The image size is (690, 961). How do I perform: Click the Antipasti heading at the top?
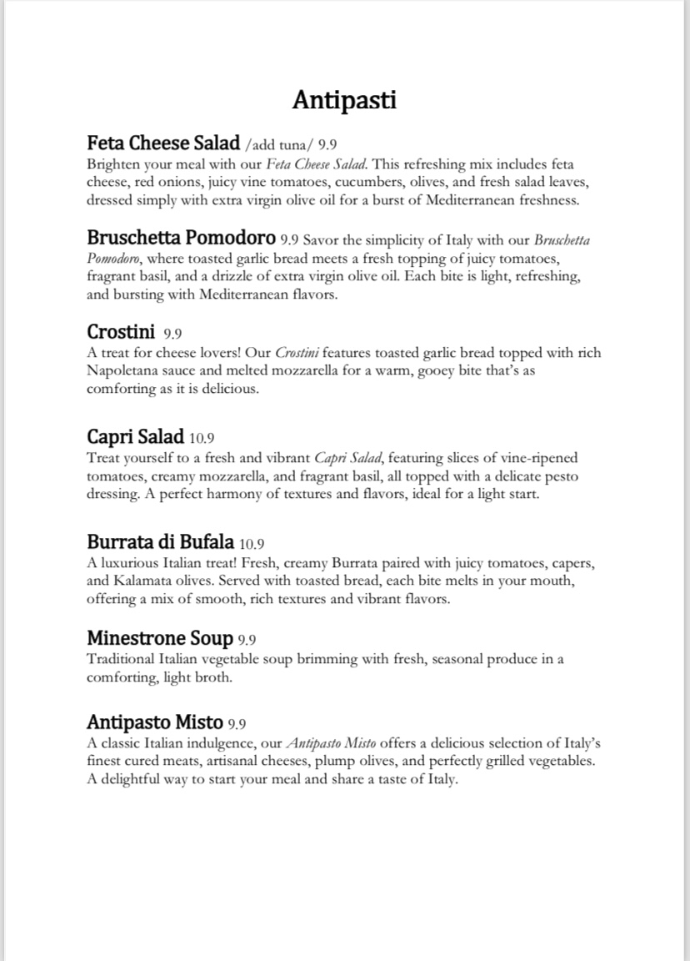pos(344,101)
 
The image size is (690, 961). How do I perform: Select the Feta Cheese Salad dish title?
pos(163,143)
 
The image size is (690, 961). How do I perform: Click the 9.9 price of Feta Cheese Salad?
pos(327,144)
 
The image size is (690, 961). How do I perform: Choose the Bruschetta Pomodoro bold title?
pos(181,239)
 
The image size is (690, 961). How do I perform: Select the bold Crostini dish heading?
pos(121,333)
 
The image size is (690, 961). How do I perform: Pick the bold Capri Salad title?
pos(135,437)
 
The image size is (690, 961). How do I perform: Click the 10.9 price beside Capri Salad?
pos(203,439)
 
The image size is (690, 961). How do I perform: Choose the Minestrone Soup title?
pos(159,639)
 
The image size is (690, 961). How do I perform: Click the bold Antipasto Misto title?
pos(154,722)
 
